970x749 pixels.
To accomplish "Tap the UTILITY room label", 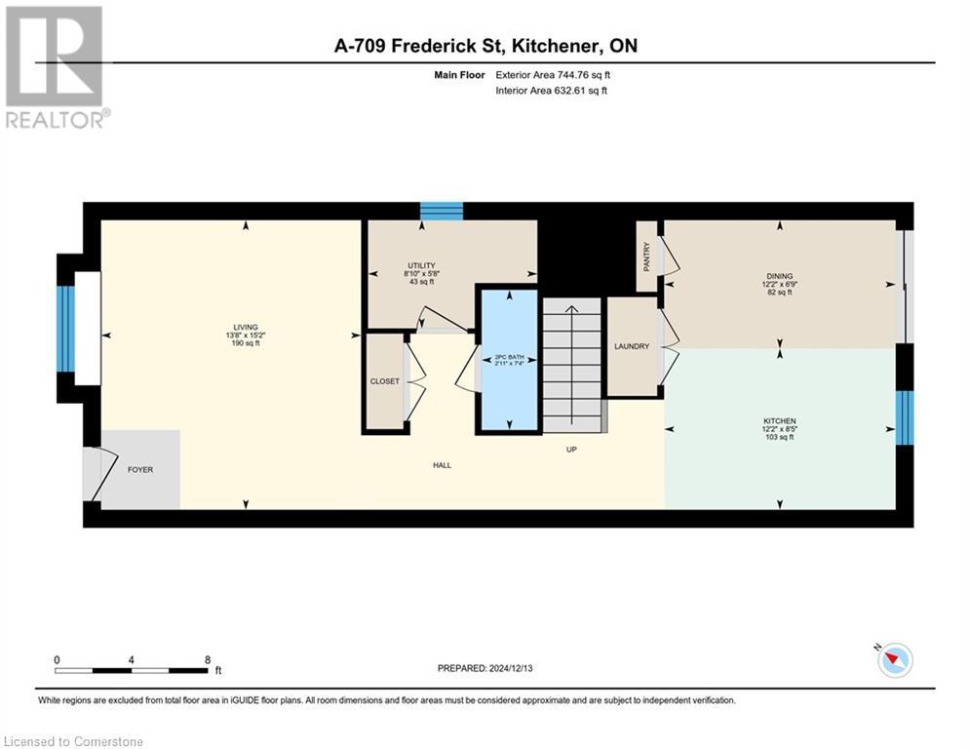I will click(421, 265).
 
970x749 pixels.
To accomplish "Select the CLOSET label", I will click(384, 381).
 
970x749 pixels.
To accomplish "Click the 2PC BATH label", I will click(509, 358).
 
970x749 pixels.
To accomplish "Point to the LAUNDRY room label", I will click(632, 346).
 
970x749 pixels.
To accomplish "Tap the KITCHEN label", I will click(780, 421).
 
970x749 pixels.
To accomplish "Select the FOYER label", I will click(140, 469).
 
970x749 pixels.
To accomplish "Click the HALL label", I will click(443, 465).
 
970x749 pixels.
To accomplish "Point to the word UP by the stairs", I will click(573, 450).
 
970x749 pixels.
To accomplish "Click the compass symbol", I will click(893, 660).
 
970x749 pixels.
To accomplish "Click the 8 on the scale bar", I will click(208, 659).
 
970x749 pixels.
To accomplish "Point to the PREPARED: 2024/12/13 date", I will click(485, 668).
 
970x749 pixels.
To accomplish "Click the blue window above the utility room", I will click(442, 211).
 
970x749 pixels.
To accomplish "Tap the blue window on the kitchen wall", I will click(905, 417).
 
